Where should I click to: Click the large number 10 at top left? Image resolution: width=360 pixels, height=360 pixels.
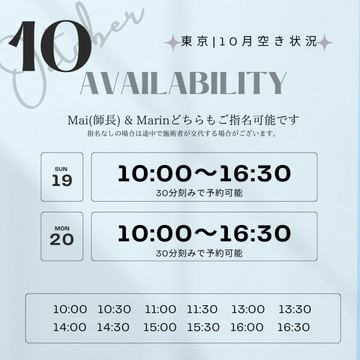(50, 46)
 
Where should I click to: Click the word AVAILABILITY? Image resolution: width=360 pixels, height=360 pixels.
(184, 83)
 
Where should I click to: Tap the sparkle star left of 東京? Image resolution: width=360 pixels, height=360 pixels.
(172, 43)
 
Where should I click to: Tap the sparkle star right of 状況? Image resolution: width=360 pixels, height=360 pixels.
(325, 43)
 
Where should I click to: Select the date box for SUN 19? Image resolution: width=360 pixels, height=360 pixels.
(62, 177)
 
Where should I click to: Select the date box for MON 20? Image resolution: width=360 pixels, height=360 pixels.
(62, 236)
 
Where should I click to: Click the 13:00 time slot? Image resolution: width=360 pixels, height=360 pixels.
(248, 309)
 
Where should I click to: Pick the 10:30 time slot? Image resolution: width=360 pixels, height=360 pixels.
(115, 309)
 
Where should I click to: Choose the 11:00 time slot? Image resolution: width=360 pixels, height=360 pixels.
(160, 309)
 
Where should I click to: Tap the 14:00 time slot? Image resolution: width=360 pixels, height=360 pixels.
(70, 327)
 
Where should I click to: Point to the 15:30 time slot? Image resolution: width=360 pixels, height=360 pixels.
(203, 327)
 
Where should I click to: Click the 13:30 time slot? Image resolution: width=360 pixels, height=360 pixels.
(295, 309)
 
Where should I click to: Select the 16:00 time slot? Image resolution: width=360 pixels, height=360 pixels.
(247, 327)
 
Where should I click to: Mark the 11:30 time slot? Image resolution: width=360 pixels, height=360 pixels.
(202, 309)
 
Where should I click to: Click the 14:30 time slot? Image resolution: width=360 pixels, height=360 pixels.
(113, 327)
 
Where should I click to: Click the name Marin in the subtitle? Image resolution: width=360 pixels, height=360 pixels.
(152, 120)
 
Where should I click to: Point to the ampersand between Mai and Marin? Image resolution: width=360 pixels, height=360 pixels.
(128, 121)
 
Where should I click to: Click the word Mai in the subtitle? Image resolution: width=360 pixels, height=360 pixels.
(77, 120)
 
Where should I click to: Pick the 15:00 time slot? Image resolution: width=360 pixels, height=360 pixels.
(160, 327)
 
